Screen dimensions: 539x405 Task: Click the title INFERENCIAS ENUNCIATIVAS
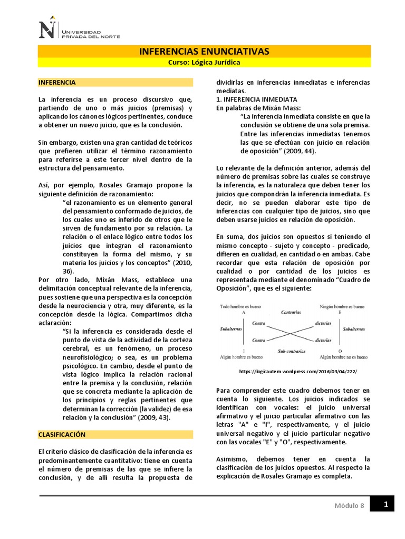(204, 51)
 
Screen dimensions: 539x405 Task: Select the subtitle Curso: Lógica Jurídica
(204, 62)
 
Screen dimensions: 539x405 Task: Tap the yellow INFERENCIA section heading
(57, 83)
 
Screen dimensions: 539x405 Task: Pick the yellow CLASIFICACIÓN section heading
(62, 434)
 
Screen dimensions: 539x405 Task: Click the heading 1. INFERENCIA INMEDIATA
(257, 99)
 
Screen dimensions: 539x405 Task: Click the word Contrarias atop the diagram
(291, 312)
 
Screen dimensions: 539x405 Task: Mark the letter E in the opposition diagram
(340, 312)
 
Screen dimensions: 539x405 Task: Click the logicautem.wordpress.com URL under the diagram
(297, 371)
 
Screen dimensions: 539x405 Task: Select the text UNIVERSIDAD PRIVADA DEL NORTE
(91, 34)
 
